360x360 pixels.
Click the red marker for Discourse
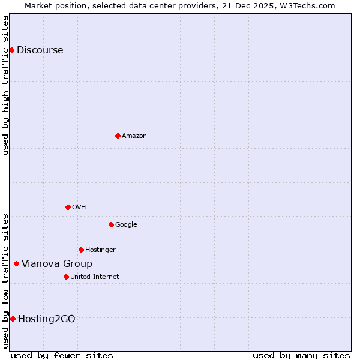[11, 50]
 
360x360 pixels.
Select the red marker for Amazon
[118, 136]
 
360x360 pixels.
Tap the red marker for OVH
[68, 207]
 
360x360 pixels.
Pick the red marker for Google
[111, 224]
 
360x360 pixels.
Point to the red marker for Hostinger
[81, 250]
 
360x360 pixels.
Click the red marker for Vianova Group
[16, 263]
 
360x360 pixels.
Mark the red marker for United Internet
[66, 277]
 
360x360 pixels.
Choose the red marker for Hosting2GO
[13, 319]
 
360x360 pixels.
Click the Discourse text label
[40, 50]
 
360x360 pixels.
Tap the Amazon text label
[134, 136]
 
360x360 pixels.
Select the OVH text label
[79, 208]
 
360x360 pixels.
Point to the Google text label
[126, 225]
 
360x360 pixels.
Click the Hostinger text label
[100, 250]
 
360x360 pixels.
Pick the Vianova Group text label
[57, 264]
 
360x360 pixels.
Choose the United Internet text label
[94, 277]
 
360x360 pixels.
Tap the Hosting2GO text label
[47, 319]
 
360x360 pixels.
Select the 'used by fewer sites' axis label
[62, 355]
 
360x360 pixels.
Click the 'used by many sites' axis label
[301, 355]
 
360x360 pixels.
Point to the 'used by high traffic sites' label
[6, 85]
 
